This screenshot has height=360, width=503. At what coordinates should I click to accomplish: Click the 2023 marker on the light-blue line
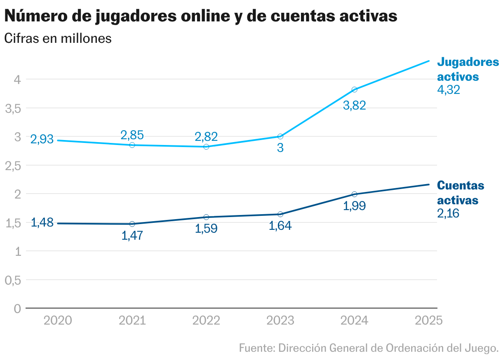(280, 136)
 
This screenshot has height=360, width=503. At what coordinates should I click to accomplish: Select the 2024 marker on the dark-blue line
(355, 194)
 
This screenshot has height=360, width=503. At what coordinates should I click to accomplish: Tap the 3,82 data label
(355, 105)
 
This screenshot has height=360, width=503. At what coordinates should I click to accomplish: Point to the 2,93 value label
(42, 139)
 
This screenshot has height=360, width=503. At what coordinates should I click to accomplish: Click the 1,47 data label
(132, 236)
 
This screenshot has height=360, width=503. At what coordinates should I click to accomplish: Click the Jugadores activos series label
(468, 69)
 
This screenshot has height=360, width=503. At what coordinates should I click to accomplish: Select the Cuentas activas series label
(461, 193)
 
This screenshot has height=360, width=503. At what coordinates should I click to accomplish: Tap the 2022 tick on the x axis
(206, 320)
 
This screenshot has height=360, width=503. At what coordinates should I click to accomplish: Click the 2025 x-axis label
(429, 320)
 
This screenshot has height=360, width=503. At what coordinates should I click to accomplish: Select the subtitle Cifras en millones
(58, 38)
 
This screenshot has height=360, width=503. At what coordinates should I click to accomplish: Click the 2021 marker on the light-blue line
(132, 145)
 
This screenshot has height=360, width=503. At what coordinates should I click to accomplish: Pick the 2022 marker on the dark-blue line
(206, 217)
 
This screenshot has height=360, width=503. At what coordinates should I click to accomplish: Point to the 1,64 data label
(280, 226)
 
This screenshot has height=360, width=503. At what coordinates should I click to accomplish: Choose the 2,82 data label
(206, 136)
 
